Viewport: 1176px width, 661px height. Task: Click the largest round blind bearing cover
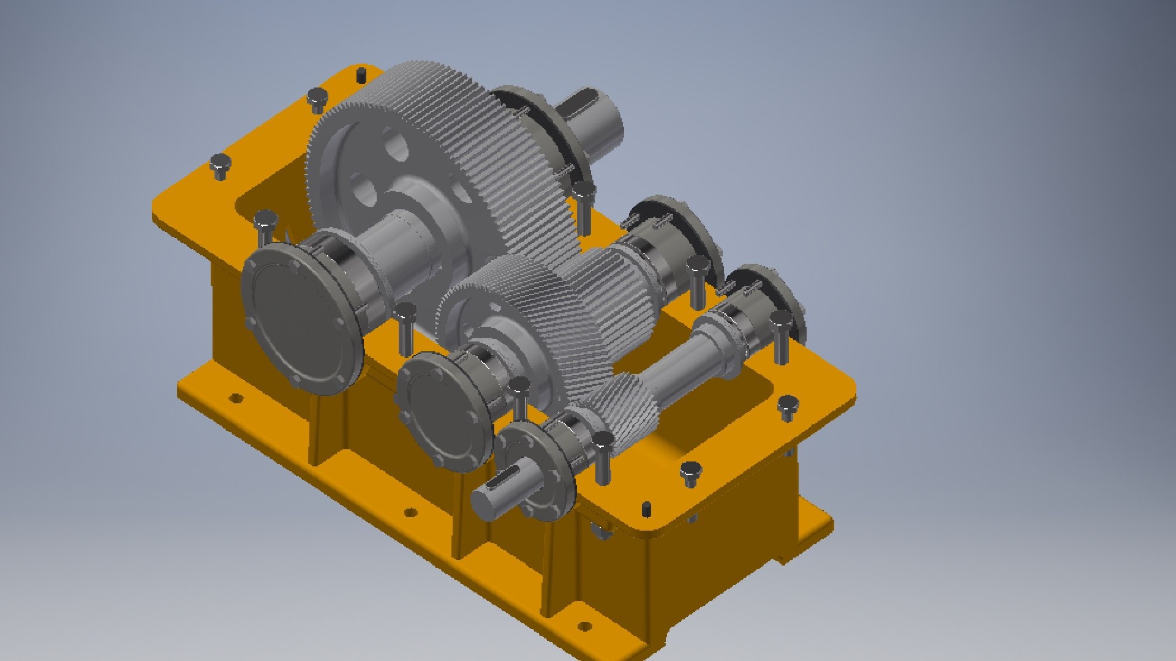(300, 318)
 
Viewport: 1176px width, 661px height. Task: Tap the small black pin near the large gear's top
(361, 75)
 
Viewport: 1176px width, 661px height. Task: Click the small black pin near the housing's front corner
(646, 509)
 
